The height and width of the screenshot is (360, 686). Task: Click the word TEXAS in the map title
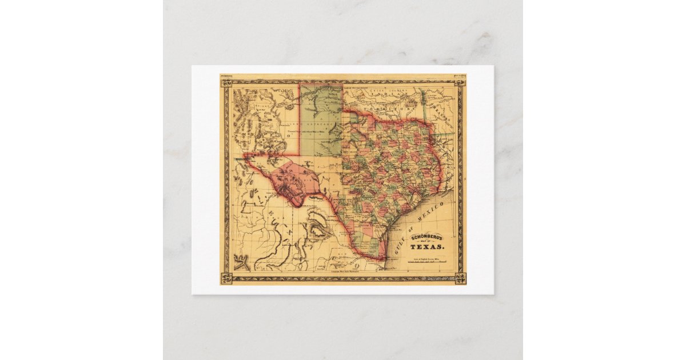point(426,246)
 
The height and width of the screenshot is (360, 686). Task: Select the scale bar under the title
point(426,265)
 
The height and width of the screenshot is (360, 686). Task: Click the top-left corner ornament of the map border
point(226,81)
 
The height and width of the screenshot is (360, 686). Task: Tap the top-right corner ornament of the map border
point(460,81)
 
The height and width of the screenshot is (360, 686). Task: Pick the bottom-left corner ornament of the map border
point(226,279)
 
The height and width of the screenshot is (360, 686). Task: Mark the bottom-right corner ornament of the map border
point(460,279)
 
